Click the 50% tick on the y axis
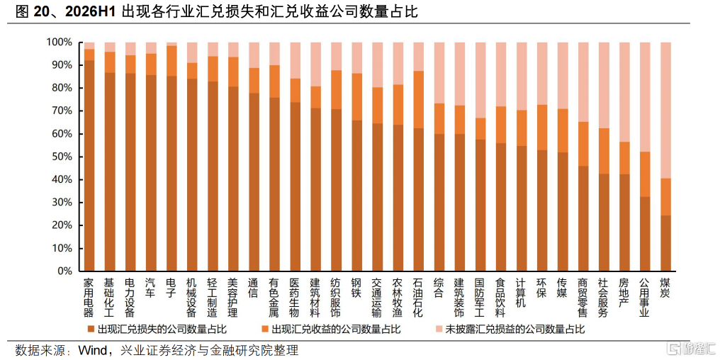tap(60, 157)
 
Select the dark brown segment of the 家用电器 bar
tap(89, 166)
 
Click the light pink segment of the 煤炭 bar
tap(665, 111)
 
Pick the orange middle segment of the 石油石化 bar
tap(418, 100)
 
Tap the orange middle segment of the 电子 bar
tap(171, 61)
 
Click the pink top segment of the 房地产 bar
tap(624, 92)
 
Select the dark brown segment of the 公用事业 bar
tap(645, 234)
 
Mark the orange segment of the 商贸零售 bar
tap(583, 144)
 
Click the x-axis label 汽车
tap(151, 287)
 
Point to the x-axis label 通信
tap(254, 287)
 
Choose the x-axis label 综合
tap(439, 287)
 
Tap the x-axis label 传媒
tap(563, 287)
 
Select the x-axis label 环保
tap(542, 287)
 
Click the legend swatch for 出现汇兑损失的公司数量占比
tap(91, 330)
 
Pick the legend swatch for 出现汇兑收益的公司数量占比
tap(264, 330)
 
